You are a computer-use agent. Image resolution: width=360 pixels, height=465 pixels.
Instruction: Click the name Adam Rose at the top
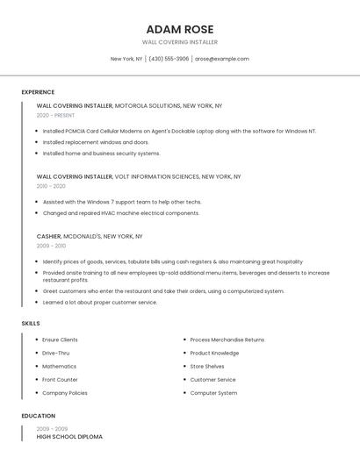(179, 29)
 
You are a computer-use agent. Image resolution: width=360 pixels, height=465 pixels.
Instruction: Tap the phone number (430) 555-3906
(169, 59)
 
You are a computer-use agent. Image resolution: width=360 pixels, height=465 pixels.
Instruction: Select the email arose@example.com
(222, 59)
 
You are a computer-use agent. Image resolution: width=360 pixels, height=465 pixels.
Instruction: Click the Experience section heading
(38, 92)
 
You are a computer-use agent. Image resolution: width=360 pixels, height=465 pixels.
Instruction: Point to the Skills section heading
(31, 324)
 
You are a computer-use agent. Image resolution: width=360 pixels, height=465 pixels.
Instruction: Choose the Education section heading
(38, 416)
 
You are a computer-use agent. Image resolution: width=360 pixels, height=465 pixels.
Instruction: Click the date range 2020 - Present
(55, 115)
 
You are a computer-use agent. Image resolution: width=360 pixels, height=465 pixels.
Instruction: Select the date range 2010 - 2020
(51, 186)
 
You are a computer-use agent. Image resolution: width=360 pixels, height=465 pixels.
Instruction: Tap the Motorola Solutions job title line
(129, 105)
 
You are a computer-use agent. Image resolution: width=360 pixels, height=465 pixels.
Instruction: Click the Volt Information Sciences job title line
(139, 176)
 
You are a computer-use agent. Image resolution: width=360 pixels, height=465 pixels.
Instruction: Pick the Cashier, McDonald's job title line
(90, 236)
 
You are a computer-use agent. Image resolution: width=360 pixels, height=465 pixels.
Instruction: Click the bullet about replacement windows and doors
(96, 142)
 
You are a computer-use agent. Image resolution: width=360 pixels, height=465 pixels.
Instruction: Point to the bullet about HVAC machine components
(121, 213)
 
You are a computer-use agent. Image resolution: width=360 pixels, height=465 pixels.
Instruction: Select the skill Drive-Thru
(55, 353)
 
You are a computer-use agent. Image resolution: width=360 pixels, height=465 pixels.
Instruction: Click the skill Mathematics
(59, 366)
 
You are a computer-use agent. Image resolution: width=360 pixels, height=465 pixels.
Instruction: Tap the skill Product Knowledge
(214, 353)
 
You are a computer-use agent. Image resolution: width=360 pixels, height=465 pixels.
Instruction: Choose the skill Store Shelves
(207, 366)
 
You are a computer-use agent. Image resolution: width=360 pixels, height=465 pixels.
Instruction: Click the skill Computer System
(213, 393)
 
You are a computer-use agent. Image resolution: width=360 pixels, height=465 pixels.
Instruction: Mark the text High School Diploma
(69, 436)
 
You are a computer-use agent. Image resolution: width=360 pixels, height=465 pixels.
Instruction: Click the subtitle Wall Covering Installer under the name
(179, 42)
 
